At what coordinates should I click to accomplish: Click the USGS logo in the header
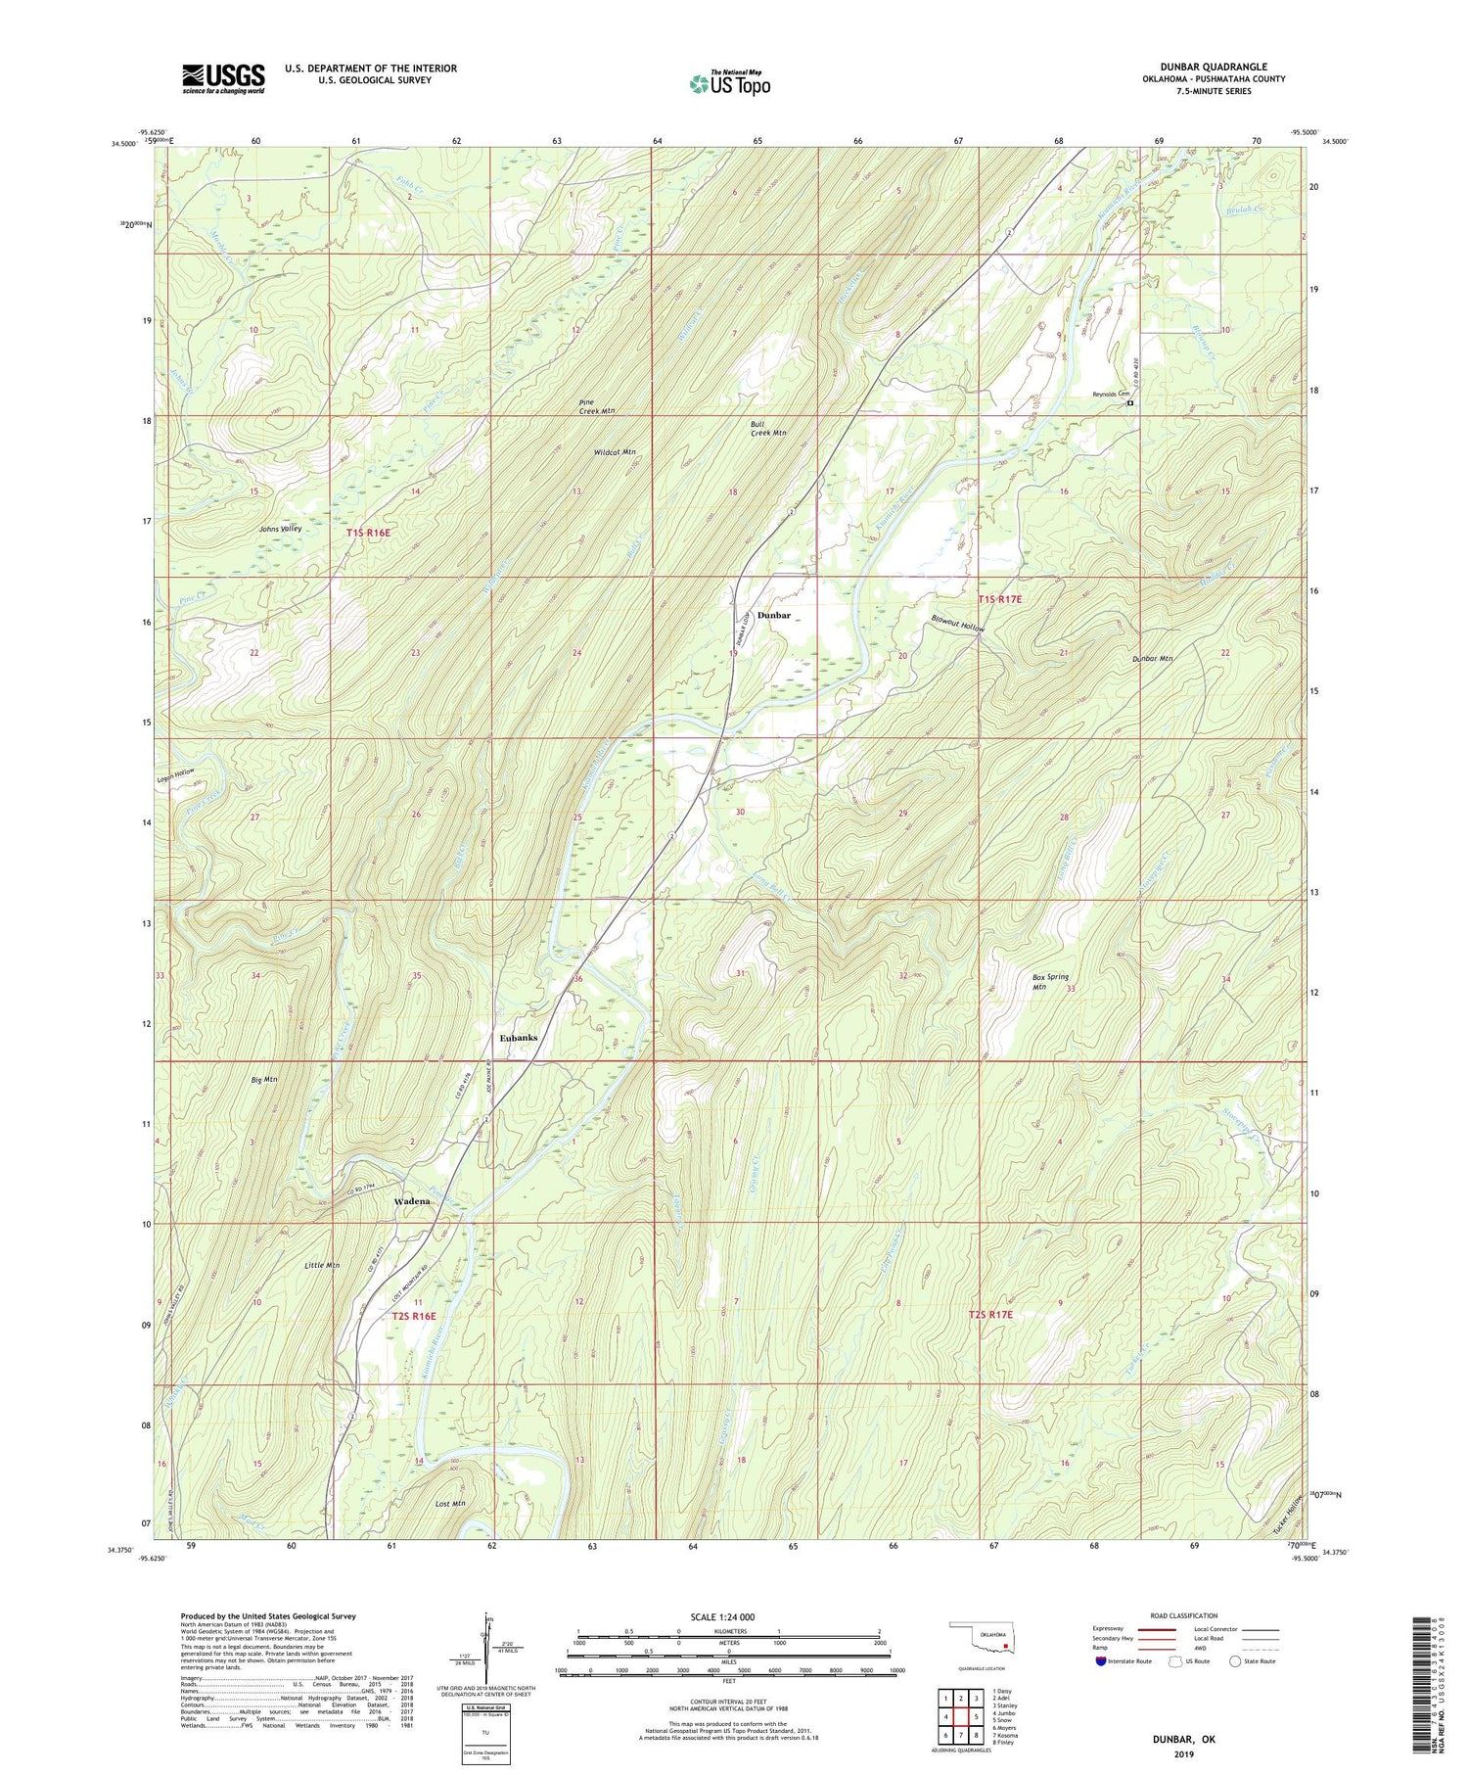pos(223,78)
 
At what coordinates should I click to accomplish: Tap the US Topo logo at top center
pos(729,84)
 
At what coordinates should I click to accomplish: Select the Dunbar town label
pos(773,615)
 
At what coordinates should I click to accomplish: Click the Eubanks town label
pos(519,1037)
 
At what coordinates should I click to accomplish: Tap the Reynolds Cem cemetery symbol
pos(1129,402)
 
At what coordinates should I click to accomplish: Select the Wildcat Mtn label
pos(615,452)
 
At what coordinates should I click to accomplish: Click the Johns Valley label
pos(280,529)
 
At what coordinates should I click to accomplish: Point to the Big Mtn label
pos(263,1079)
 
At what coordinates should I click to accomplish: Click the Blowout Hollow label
pos(956,626)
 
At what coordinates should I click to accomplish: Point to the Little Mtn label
pos(321,1265)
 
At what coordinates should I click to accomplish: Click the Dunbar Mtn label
pos(1151,658)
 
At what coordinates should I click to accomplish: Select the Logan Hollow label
pos(176,771)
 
